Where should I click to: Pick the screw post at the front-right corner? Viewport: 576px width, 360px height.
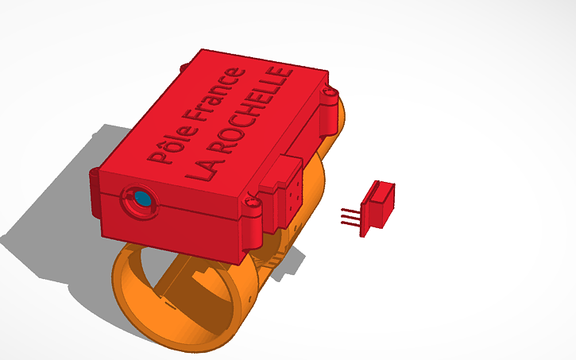coord(253,209)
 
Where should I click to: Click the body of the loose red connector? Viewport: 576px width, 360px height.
coord(380,203)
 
